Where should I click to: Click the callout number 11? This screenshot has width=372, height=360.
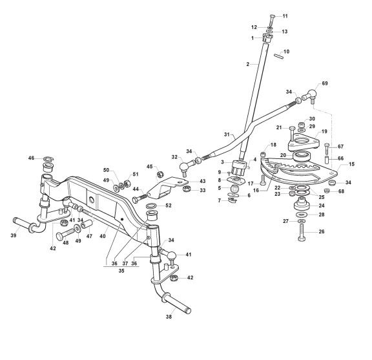pos(285,16)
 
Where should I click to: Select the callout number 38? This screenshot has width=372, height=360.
pos(169,317)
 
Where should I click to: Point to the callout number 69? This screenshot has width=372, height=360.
pos(325,83)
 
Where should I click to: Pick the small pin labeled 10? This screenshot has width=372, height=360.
pos(278,56)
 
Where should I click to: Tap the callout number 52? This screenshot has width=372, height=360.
pos(168,206)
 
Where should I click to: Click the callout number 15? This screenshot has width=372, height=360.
pos(351,164)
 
